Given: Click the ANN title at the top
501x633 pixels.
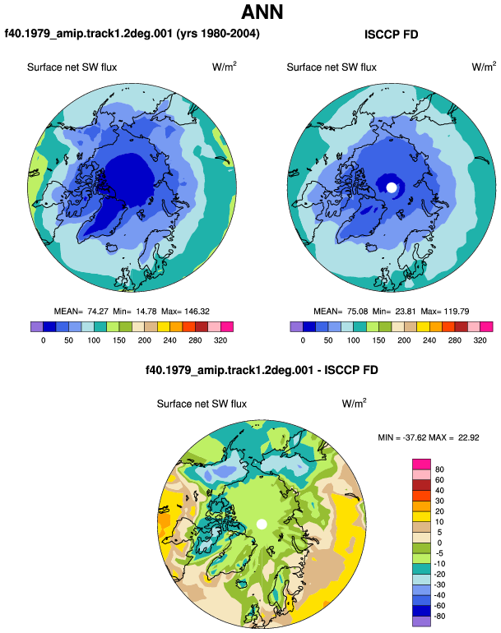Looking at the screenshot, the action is click(x=262, y=12).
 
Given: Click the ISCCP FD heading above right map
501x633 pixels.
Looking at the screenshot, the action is click(x=391, y=35).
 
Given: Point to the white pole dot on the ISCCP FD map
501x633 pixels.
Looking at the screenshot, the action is click(x=391, y=187).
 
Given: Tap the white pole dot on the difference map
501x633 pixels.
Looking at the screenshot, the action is click(x=262, y=524).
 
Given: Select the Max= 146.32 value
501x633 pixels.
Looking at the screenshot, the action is click(x=185, y=312).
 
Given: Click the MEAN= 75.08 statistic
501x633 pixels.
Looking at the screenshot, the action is click(x=341, y=312).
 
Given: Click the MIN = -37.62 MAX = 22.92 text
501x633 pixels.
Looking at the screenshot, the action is click(x=429, y=437).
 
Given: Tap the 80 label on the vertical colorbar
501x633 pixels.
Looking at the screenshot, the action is click(x=439, y=469).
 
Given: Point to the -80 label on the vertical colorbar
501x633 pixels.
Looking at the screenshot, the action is click(x=439, y=617).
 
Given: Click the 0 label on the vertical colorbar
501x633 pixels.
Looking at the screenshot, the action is click(x=439, y=543).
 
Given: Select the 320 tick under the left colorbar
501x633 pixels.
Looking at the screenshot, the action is click(x=220, y=340).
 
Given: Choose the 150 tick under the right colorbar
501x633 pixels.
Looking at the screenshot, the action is click(x=378, y=340).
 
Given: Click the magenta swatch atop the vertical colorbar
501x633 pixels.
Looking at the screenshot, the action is click(x=421, y=464).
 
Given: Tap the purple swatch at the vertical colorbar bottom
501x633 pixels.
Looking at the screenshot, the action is click(x=421, y=621).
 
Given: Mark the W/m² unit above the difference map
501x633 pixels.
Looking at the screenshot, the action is click(x=355, y=404).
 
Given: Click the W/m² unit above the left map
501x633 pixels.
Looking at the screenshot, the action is click(x=225, y=67).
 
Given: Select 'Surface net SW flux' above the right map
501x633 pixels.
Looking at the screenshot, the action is click(x=332, y=67).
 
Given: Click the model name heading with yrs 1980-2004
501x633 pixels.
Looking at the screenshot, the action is click(x=132, y=34).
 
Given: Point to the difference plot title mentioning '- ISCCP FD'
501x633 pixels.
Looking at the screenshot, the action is click(x=262, y=370).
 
